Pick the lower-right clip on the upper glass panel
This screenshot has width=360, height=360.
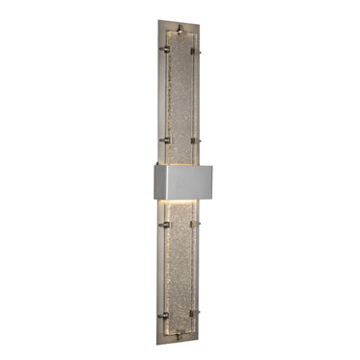(197, 141)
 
